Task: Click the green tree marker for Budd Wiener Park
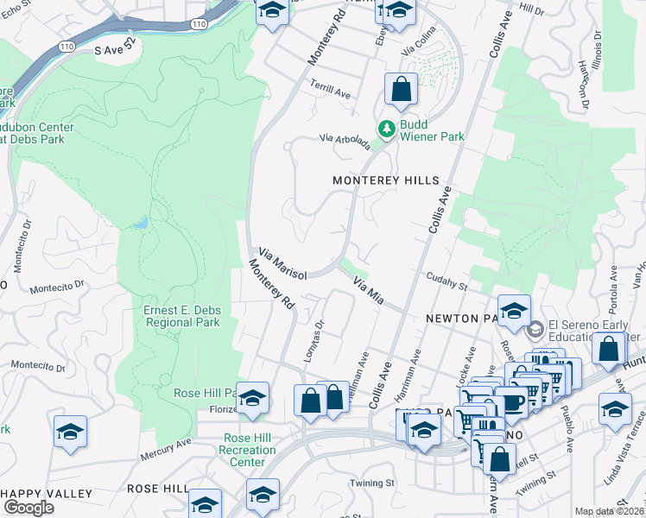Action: click(388, 129)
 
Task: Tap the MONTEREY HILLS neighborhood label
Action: click(387, 180)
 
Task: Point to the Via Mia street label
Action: click(368, 287)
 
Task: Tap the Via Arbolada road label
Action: click(345, 141)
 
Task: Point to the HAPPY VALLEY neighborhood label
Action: click(46, 493)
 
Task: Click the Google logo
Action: click(28, 507)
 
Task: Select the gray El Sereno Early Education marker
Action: click(535, 328)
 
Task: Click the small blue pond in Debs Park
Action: click(141, 223)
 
